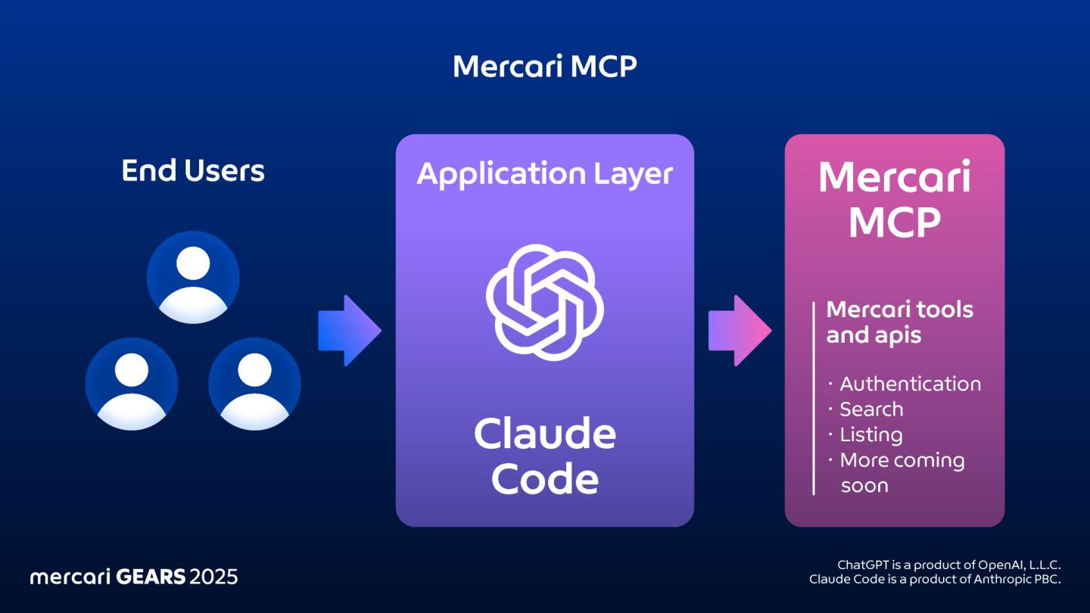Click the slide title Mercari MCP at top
coord(544,67)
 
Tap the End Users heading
coord(193,171)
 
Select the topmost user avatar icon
coord(193,277)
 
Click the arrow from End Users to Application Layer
coord(349,331)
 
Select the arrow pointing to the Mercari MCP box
coord(739,331)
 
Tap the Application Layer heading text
coord(544,174)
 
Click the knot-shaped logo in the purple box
coord(544,303)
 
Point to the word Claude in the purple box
coord(544,434)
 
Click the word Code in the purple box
coord(544,478)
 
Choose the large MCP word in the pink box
coord(894,222)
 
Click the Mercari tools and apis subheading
coord(898,322)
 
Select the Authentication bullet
coord(909,384)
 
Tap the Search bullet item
coord(870,409)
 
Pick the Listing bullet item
coord(870,435)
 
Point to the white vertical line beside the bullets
coord(814,398)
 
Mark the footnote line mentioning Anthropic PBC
coord(935,580)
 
